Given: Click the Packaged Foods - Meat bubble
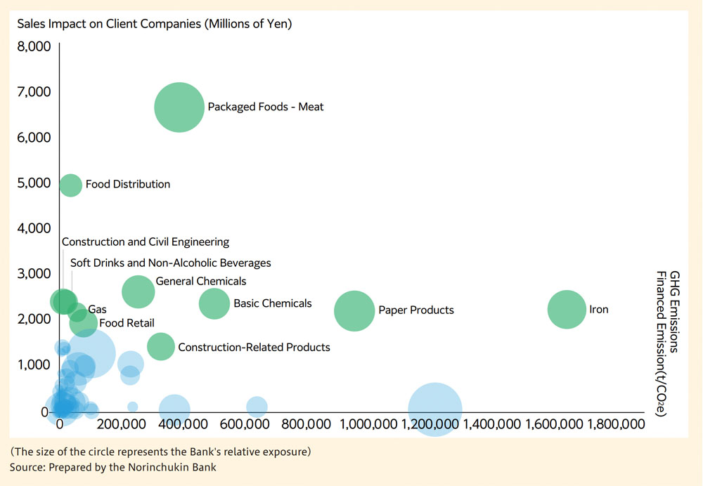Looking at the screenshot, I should click(179, 107).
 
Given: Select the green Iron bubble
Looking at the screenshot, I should click(567, 309).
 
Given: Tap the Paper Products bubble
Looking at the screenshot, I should click(354, 310).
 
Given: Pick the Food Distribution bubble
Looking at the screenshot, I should click(70, 185).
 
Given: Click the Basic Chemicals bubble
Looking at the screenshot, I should click(214, 303).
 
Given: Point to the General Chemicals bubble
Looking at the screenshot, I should click(138, 291).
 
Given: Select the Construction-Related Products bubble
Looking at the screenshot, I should click(161, 346).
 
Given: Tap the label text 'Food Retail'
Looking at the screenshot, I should click(127, 323).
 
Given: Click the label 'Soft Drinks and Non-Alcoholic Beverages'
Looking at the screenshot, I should click(170, 263).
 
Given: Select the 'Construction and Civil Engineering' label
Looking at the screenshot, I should click(146, 242).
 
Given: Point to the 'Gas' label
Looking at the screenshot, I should click(97, 309).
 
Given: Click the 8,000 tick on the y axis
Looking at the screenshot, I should click(33, 46).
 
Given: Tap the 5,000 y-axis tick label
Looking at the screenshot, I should click(33, 183).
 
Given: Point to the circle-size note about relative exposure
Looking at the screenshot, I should click(166, 450).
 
